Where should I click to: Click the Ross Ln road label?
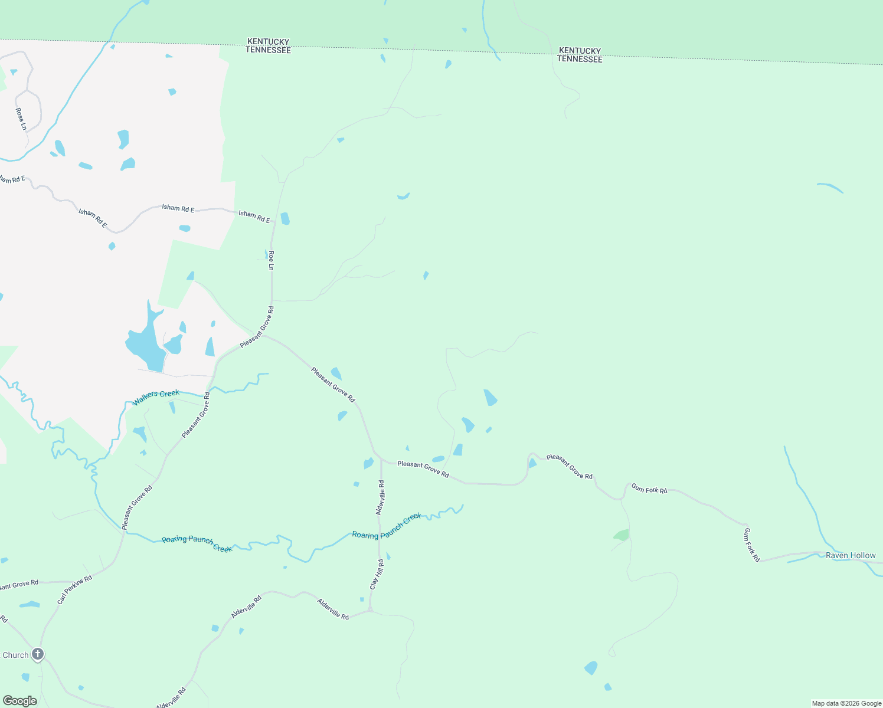[21, 119]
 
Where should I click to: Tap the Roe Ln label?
[271, 260]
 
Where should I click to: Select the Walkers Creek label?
[156, 397]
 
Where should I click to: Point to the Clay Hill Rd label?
[377, 574]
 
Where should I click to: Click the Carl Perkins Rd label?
[75, 589]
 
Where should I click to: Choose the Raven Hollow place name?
[851, 555]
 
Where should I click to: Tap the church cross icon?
[38, 654]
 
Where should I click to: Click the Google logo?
[20, 701]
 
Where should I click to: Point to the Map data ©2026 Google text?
[846, 703]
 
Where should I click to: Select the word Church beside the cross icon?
[15, 655]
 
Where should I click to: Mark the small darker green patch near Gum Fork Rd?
[622, 535]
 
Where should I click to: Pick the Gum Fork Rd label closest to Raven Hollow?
[751, 545]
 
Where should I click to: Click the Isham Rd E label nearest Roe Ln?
[254, 217]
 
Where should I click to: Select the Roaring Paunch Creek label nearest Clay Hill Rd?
[387, 526]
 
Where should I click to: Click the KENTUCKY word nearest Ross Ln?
[268, 41]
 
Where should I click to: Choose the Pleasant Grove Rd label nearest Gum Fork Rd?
[570, 466]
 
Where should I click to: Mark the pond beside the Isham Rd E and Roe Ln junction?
[285, 218]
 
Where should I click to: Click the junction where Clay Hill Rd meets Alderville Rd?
[370, 610]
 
